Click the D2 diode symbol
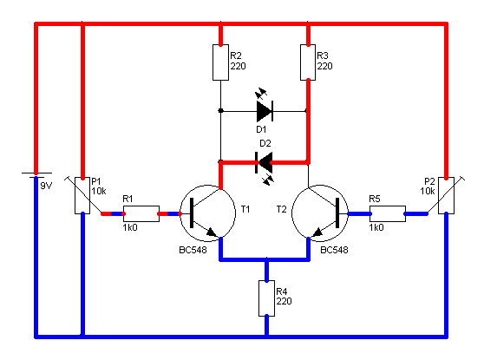point(265,162)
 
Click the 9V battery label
point(46,186)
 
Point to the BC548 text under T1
point(193,250)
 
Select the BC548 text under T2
point(334,250)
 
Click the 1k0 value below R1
point(130,227)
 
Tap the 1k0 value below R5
point(376,227)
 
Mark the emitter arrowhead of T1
point(212,232)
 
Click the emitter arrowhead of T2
point(317,232)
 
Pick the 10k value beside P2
point(428,191)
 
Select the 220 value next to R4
point(284,301)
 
